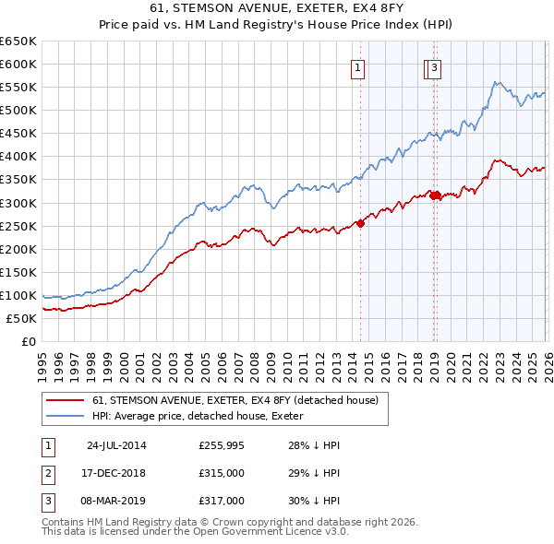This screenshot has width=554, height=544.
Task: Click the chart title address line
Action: pos(276,6)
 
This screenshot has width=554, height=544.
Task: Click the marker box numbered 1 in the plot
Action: pos(356,66)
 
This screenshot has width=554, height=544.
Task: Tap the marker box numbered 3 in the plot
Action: pos(434,66)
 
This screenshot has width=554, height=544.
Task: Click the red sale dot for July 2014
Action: pos(361,222)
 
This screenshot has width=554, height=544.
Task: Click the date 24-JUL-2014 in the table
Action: pos(116,445)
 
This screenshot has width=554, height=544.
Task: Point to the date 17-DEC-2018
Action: pos(116,473)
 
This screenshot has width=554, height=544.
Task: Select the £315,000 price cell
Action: pos(222,473)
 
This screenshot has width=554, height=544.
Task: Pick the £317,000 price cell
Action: pos(222,501)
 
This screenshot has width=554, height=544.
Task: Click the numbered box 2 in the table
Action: pos(47,473)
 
